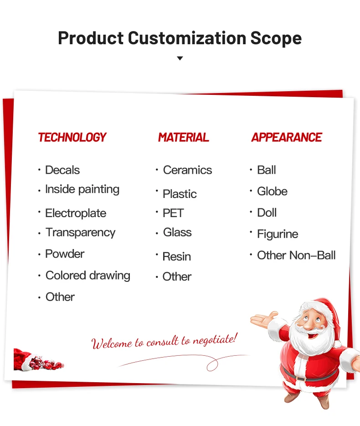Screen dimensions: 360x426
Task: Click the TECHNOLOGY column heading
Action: click(72, 137)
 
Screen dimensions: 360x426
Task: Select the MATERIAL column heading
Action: click(184, 137)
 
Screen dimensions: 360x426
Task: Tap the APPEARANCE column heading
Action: click(287, 137)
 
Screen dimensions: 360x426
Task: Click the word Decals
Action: click(62, 170)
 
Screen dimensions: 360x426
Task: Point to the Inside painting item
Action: click(82, 190)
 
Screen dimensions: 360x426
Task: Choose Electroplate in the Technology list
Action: click(76, 213)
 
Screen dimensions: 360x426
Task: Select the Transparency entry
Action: click(81, 233)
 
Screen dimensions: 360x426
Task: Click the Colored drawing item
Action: click(88, 276)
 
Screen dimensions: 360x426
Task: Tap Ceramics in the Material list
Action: click(188, 170)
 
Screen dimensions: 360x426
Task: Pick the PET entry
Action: click(173, 213)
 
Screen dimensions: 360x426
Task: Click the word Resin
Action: click(177, 256)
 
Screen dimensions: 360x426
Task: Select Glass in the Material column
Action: click(177, 232)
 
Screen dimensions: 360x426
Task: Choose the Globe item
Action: click(273, 191)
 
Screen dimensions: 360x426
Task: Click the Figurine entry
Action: click(278, 234)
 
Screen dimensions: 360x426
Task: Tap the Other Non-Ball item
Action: click(297, 255)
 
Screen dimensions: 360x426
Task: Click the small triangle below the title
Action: click(180, 58)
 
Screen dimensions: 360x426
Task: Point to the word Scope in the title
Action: click(276, 38)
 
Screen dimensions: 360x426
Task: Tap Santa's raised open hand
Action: click(264, 319)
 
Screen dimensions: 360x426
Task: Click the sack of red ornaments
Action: click(38, 360)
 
